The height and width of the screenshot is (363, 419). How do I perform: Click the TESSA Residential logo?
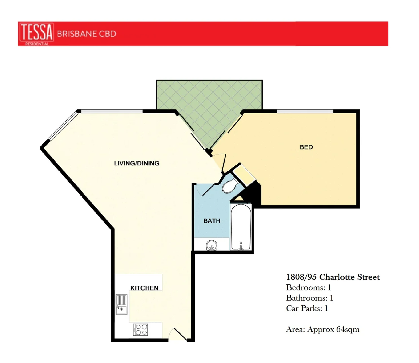pyautogui.click(x=36, y=34)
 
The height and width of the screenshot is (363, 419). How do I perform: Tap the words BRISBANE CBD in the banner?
pyautogui.click(x=86, y=34)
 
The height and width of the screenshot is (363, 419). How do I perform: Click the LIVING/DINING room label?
pyautogui.click(x=137, y=163)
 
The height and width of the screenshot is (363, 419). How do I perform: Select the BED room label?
pyautogui.click(x=306, y=147)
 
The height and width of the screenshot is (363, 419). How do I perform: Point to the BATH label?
pyautogui.click(x=212, y=221)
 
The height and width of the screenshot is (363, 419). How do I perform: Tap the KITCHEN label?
pyautogui.click(x=144, y=288)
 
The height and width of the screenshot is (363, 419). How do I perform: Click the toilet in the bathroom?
pyautogui.click(x=230, y=186)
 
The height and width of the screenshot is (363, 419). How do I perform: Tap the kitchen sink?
pyautogui.click(x=121, y=304)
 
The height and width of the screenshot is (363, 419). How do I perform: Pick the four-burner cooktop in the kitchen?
pyautogui.click(x=140, y=329)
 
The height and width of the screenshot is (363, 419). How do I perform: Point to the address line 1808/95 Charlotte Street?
pyautogui.click(x=333, y=277)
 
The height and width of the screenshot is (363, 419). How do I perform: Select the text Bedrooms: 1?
pyautogui.click(x=308, y=287)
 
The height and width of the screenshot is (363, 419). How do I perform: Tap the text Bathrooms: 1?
pyautogui.click(x=309, y=298)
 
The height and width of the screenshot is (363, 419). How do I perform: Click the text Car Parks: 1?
pyautogui.click(x=307, y=308)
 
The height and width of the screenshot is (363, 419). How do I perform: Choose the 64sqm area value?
pyautogui.click(x=348, y=329)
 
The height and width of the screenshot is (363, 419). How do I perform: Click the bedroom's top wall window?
pyautogui.click(x=305, y=111)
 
